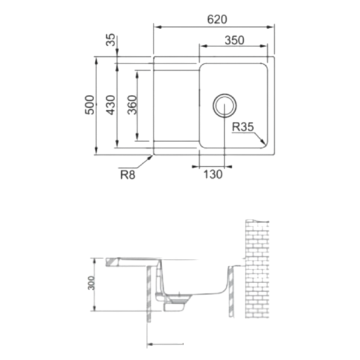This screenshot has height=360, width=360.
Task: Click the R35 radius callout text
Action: pos(243,127)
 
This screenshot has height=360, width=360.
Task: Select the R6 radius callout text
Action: pos(128,175)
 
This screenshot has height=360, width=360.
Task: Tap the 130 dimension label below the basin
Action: pos(212,175)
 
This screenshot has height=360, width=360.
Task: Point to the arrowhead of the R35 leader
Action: pos(266,143)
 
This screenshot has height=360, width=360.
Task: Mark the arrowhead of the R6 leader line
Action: pos(151,155)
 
